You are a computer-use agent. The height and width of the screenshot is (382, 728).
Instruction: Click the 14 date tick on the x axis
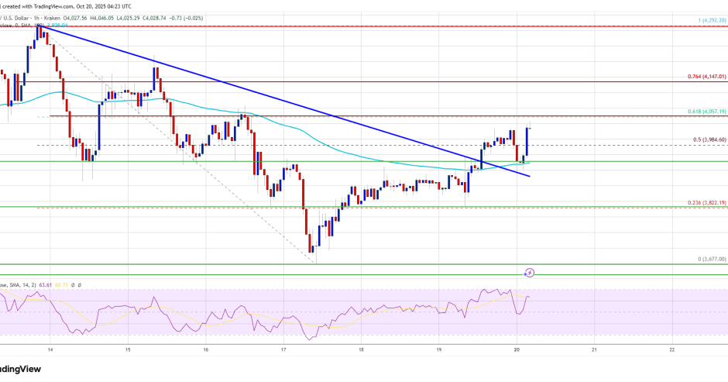click(x=50, y=349)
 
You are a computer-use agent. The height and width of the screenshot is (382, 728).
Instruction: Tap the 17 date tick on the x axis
click(x=284, y=349)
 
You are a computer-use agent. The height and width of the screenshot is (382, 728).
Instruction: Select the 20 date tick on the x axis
click(x=517, y=349)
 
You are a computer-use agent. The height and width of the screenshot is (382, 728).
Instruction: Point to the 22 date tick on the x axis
click(x=672, y=349)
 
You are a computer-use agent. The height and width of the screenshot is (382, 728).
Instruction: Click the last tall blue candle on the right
click(x=528, y=142)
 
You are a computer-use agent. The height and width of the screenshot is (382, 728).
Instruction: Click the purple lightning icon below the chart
click(x=530, y=273)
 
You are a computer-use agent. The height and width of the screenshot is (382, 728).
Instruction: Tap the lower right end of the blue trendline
click(x=530, y=177)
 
